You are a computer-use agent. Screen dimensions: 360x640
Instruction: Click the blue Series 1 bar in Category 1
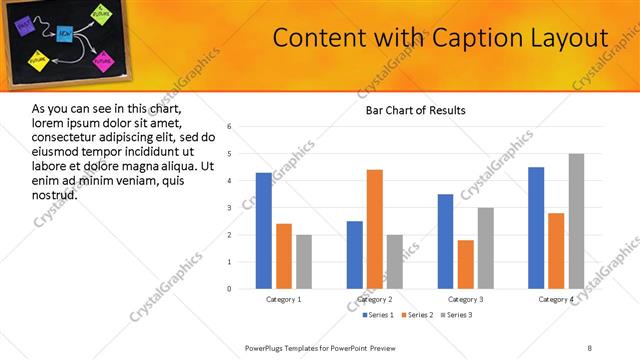coord(263,230)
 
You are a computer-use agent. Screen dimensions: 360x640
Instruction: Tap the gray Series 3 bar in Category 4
coord(576,221)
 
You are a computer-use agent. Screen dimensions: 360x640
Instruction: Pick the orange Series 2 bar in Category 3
coord(465,264)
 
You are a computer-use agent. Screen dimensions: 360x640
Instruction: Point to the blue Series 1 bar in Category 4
coord(536,227)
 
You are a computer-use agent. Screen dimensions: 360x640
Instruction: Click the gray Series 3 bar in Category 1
coord(303,261)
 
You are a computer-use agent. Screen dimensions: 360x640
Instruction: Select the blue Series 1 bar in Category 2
coord(354,254)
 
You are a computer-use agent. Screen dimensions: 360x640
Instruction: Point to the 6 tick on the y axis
coord(230,127)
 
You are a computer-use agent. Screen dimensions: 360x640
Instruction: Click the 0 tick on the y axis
coord(230,289)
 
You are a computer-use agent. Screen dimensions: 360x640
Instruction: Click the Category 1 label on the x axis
coord(283,299)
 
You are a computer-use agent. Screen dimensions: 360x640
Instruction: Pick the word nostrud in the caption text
coord(55,193)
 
